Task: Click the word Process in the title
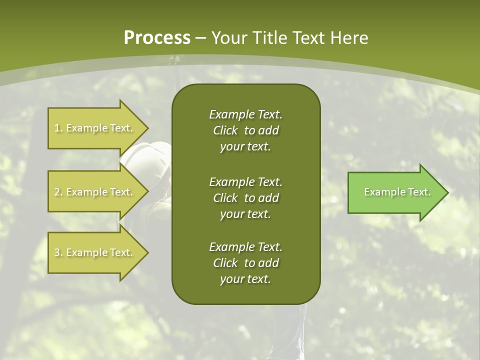pos(157,38)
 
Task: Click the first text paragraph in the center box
pos(245,130)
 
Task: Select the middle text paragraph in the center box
pos(245,198)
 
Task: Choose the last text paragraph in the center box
pos(245,263)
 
